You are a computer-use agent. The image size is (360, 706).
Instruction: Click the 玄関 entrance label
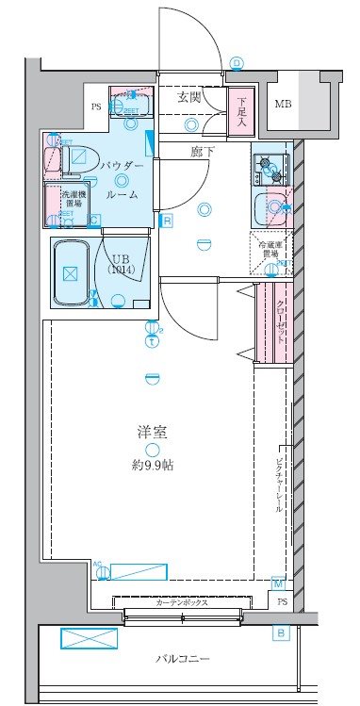tap(189, 96)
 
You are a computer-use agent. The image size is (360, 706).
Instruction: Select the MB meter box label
tap(284, 103)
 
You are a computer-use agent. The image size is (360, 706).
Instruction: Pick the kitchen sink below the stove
tap(272, 205)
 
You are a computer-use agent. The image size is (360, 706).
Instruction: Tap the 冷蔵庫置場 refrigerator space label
tap(269, 248)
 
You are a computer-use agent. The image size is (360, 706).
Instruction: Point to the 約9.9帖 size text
tap(152, 466)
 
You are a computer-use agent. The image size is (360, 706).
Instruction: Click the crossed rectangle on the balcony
tap(90, 638)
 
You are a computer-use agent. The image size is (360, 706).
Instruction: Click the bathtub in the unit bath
tap(69, 273)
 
